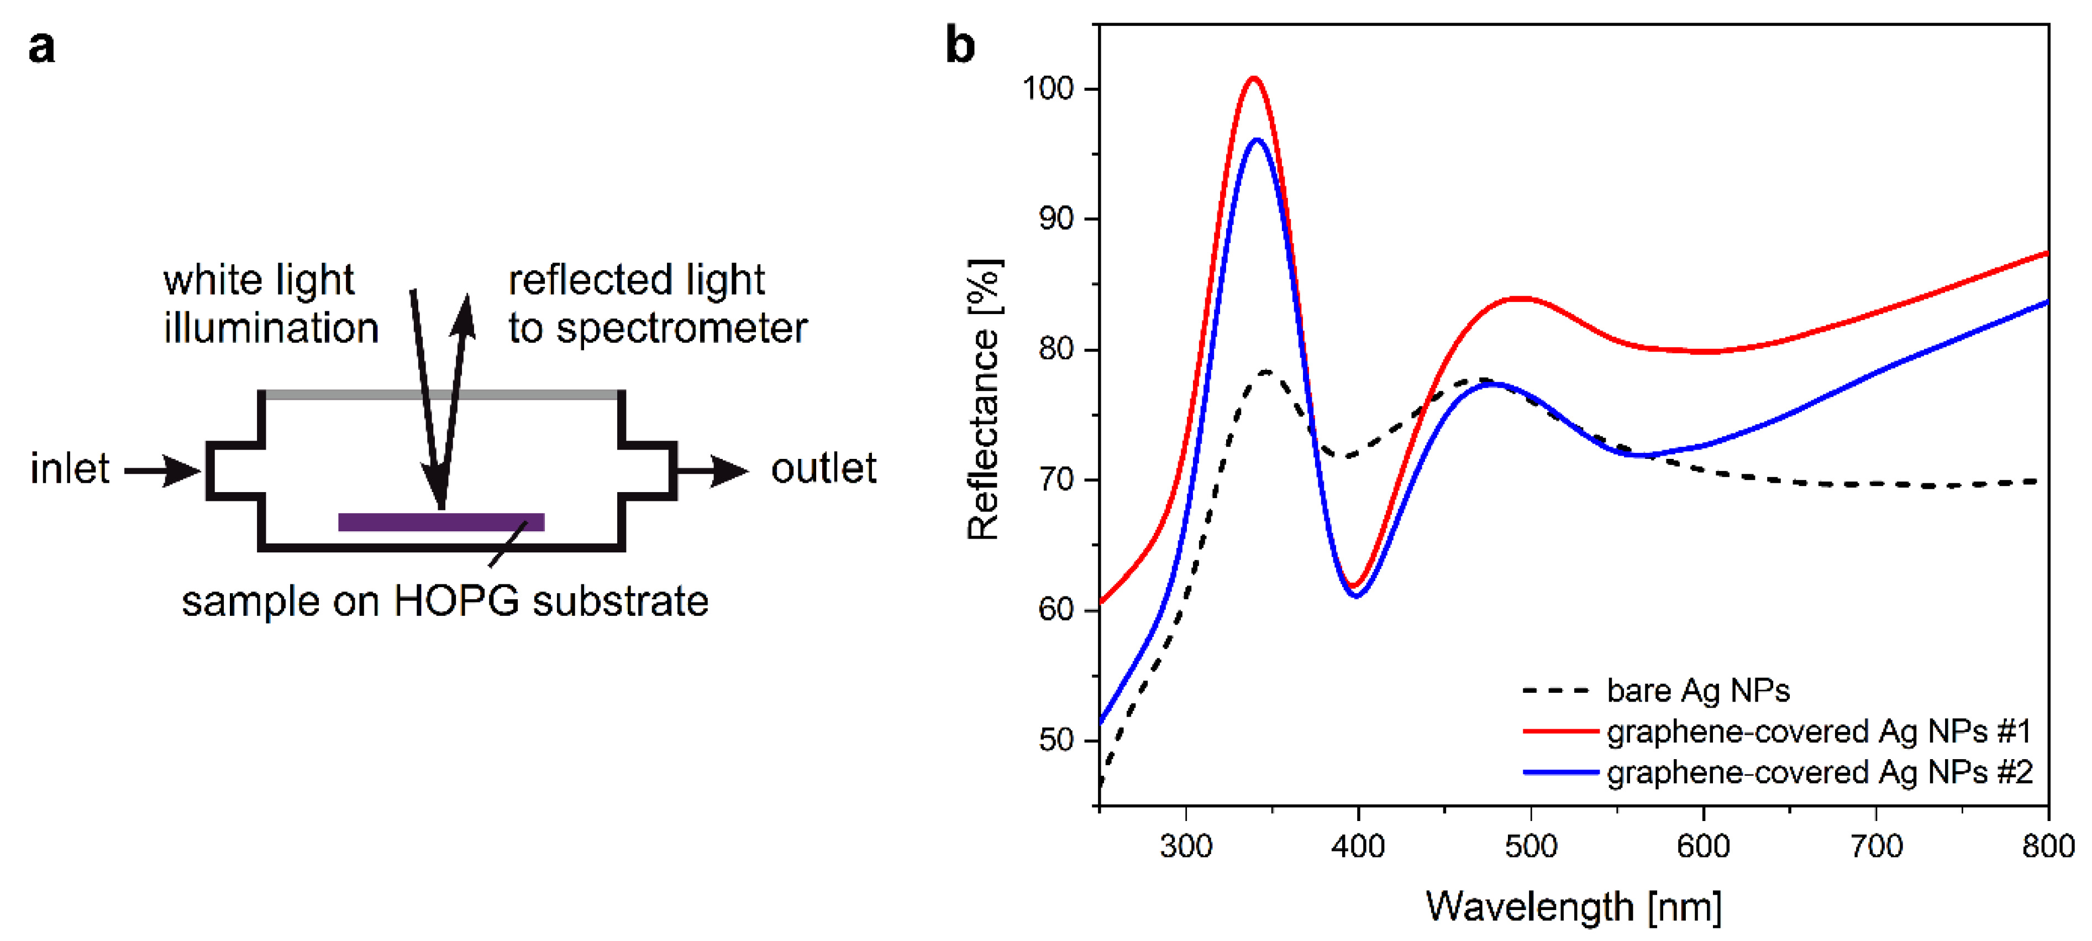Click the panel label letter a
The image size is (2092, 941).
tap(41, 47)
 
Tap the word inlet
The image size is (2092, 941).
tap(70, 469)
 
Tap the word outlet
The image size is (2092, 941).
tap(823, 469)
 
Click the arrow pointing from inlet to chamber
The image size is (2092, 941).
tap(162, 470)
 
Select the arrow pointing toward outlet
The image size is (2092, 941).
tap(714, 470)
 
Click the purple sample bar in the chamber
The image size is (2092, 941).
tap(440, 522)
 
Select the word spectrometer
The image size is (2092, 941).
tap(681, 328)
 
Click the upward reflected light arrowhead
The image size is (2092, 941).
tap(465, 315)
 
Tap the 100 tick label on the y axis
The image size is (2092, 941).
tap(1048, 88)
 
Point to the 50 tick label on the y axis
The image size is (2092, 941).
tap(1056, 740)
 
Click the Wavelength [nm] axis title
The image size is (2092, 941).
tap(1573, 906)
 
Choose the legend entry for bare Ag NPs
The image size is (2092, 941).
tap(1697, 691)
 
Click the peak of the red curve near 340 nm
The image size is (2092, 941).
tap(1254, 79)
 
